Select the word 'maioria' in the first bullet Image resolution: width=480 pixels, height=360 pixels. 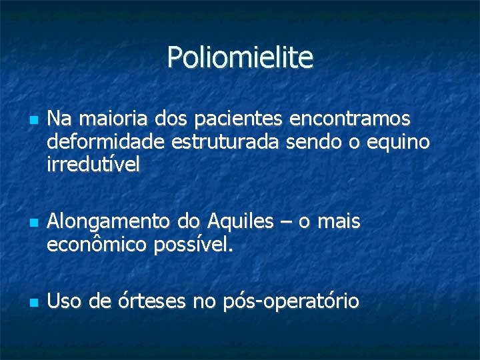click(x=103, y=119)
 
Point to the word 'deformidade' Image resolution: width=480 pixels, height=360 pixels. click(x=106, y=142)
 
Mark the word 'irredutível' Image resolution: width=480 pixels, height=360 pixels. click(x=93, y=165)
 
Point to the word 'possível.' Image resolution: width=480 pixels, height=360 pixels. click(x=194, y=245)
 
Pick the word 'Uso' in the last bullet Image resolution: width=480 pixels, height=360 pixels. click(x=63, y=301)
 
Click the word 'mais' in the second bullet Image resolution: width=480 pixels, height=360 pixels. click(x=339, y=221)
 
